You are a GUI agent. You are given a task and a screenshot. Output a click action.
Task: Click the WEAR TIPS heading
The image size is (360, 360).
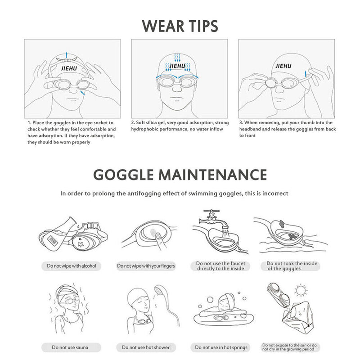click(180, 26)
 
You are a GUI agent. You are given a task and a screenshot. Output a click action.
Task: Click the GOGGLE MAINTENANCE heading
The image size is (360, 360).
click(180, 175)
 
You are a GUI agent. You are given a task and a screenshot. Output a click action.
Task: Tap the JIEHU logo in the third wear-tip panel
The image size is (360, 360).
click(283, 66)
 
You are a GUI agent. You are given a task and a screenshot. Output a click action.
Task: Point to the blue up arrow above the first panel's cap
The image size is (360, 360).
click(67, 55)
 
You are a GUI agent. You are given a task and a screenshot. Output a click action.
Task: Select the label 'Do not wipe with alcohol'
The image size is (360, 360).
click(72, 266)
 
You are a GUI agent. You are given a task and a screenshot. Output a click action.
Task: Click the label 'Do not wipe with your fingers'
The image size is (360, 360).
click(146, 266)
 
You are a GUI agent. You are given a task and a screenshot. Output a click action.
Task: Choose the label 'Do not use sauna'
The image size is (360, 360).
click(70, 347)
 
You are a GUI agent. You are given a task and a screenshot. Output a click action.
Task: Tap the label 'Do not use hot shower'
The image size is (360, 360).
click(146, 347)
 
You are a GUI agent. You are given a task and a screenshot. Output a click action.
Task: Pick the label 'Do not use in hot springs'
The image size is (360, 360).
click(221, 347)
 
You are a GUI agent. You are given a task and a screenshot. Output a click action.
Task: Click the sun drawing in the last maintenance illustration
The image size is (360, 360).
click(301, 291)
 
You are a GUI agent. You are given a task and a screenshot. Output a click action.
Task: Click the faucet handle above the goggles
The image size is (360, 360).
click(211, 211)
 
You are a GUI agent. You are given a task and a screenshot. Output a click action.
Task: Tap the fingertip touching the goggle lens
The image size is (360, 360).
click(158, 235)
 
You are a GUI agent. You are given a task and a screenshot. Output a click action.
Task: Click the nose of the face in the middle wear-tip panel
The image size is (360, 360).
click(177, 89)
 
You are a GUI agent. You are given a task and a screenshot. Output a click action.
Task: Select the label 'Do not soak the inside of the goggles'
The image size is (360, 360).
click(292, 266)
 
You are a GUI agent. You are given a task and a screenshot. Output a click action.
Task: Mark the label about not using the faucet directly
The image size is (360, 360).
click(220, 266)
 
